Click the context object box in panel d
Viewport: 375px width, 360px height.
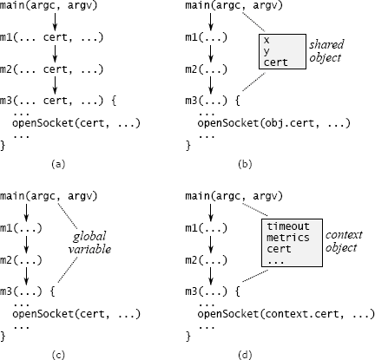coord(289,242)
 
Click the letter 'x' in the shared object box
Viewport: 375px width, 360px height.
coord(266,39)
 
